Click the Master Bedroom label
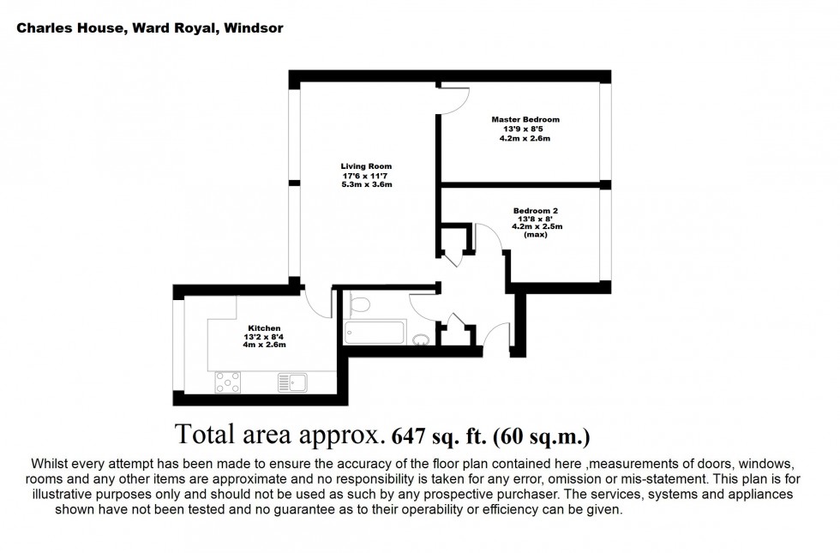[525, 119]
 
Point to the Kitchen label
[264, 328]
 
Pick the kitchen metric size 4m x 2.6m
[264, 345]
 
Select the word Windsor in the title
[255, 28]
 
